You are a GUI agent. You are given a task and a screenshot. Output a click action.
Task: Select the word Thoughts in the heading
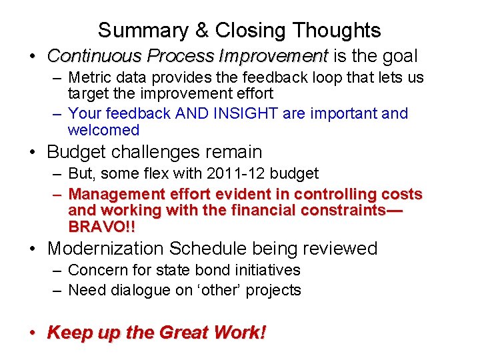point(336,31)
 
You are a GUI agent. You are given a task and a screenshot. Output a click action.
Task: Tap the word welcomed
point(103,130)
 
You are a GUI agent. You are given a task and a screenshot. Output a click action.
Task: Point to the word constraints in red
point(343,210)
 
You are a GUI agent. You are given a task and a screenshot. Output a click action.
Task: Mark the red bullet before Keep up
point(32,332)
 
